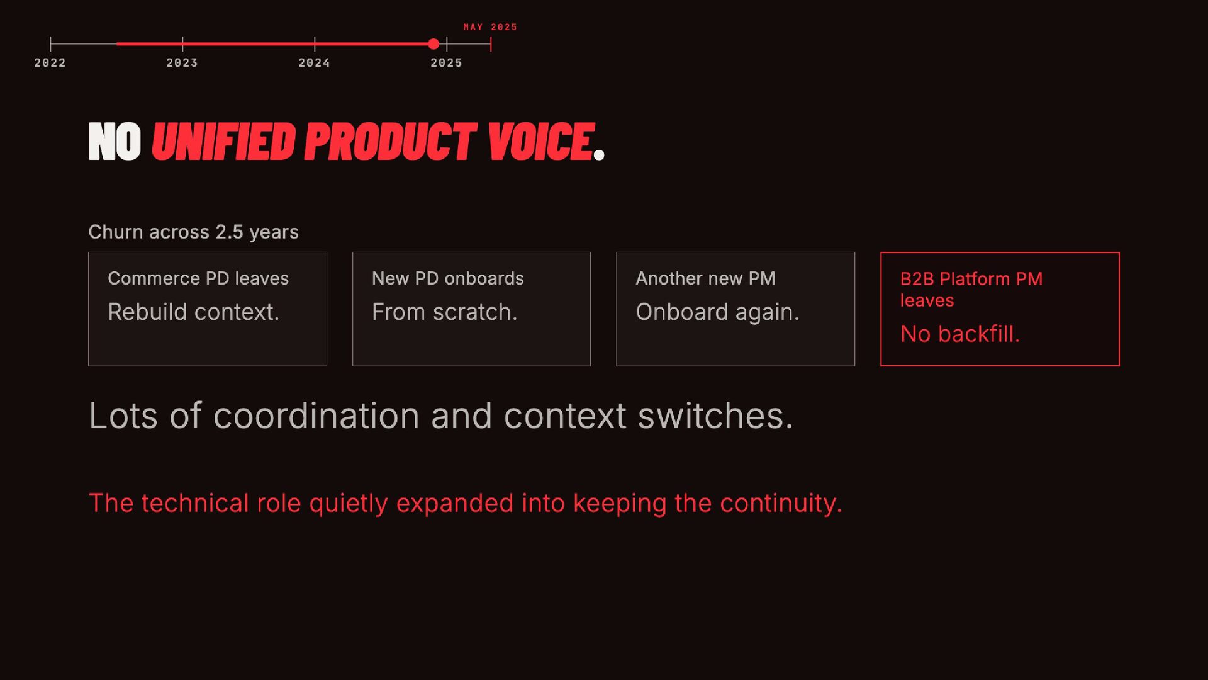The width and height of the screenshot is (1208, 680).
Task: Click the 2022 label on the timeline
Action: [50, 63]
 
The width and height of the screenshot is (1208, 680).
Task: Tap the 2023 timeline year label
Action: [182, 63]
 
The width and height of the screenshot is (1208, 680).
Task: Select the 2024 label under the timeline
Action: [314, 63]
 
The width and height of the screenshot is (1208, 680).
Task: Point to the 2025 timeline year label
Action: [446, 63]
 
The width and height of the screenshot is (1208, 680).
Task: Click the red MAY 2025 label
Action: [490, 27]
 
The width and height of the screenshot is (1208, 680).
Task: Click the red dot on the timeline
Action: [433, 44]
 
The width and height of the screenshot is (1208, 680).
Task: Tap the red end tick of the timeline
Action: [491, 44]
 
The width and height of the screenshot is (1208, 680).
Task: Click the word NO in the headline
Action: [115, 142]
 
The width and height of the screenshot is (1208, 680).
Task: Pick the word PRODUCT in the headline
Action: [390, 142]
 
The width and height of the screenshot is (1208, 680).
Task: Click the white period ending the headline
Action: [599, 154]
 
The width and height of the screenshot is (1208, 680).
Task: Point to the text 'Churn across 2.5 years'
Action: [194, 232]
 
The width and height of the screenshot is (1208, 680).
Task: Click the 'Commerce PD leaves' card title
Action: [198, 278]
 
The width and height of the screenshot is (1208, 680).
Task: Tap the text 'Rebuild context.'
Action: [193, 312]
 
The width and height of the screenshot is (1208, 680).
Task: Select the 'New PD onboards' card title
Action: [448, 278]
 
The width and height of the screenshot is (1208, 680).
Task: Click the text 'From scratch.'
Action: [444, 312]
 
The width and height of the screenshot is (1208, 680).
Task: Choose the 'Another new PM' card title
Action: [705, 278]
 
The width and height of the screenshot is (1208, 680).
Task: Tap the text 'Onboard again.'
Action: [717, 312]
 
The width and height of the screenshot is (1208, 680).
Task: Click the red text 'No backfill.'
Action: [960, 334]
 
